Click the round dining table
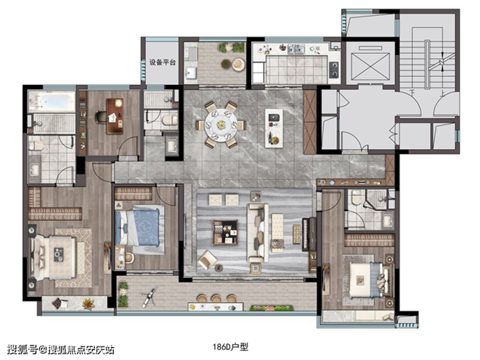[x=221, y=125]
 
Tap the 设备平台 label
[x=162, y=62]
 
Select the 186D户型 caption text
[x=230, y=347]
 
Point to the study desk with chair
[x=114, y=116]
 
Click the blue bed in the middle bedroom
[x=140, y=227]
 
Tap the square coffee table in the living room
[x=225, y=233]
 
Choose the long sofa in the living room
[x=258, y=233]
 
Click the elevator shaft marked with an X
[x=371, y=66]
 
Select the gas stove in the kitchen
[x=334, y=70]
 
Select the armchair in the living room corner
[x=208, y=260]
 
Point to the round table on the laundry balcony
[x=226, y=63]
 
